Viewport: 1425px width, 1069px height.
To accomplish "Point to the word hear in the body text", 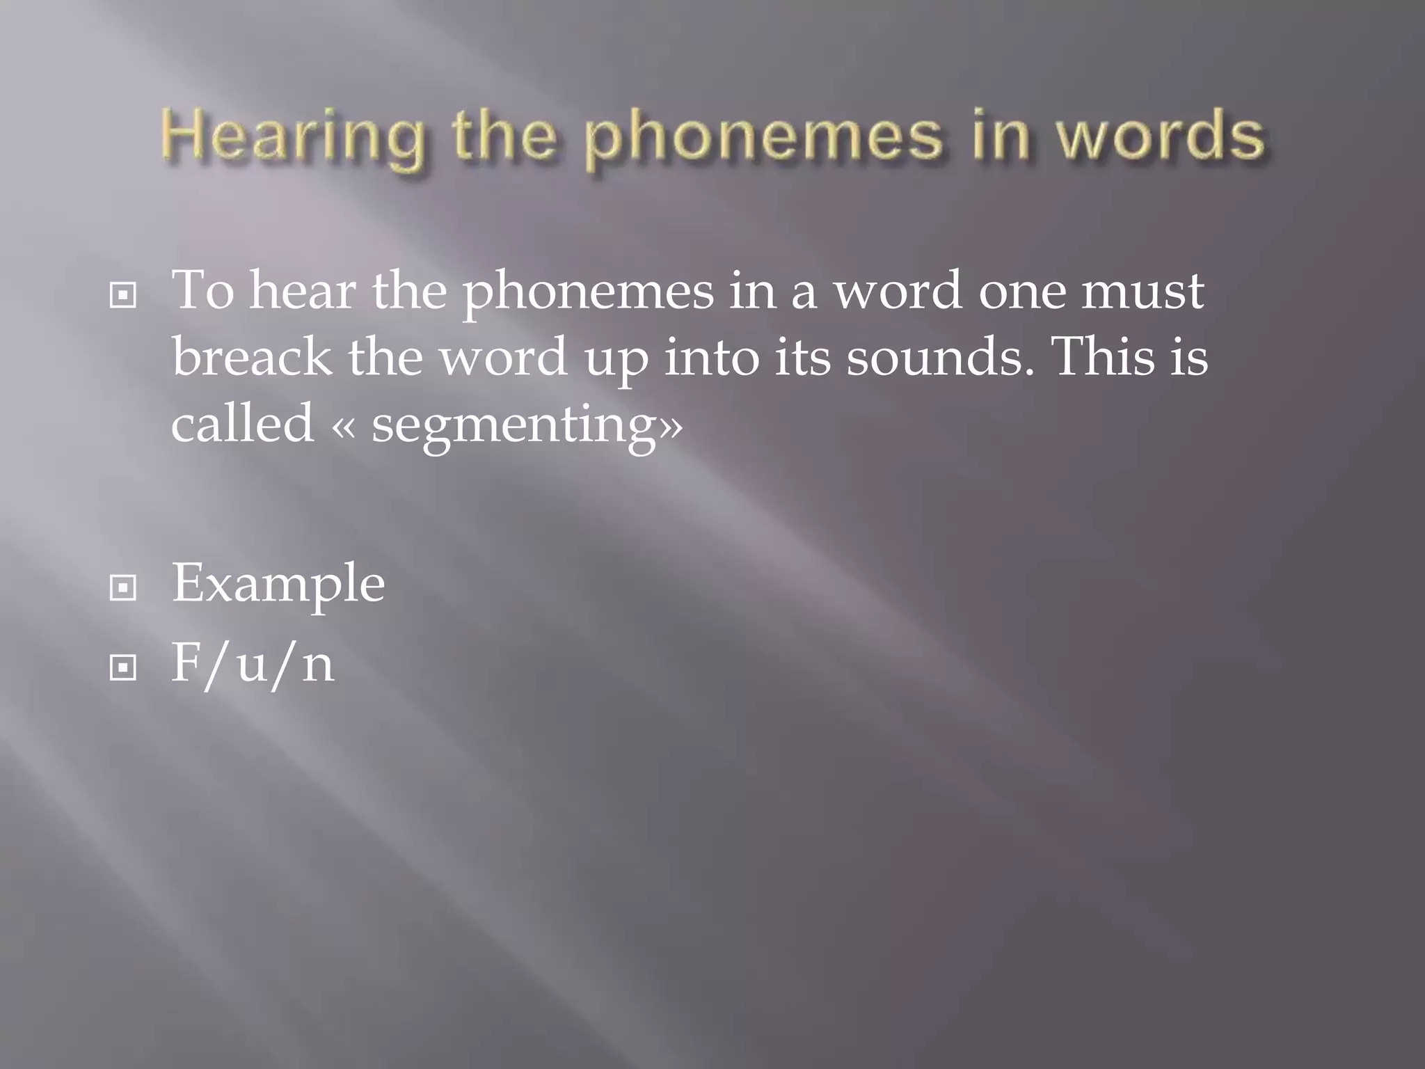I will point(303,290).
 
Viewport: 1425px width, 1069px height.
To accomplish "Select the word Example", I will point(278,584).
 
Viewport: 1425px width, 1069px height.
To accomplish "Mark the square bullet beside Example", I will point(123,589).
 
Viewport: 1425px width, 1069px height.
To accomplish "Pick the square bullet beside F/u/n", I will point(123,669).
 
